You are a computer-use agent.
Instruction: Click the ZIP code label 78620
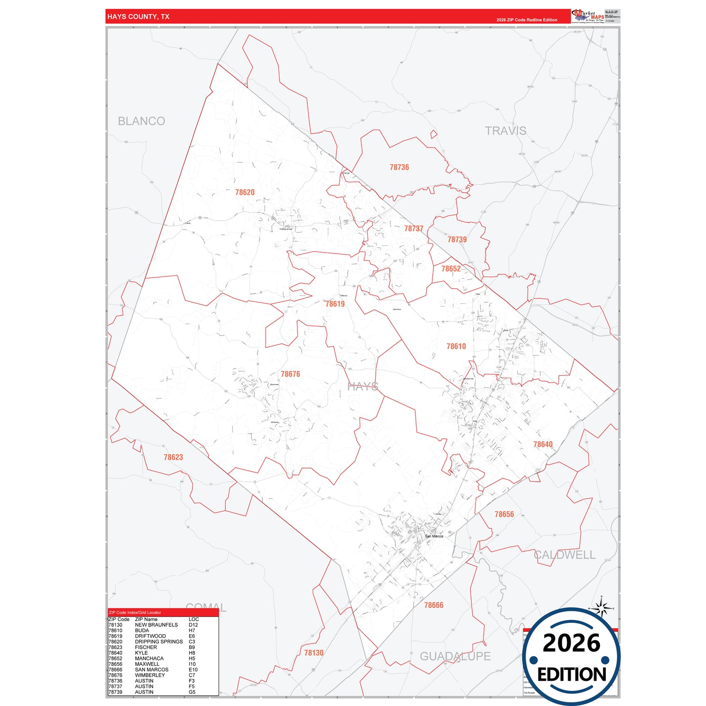(245, 193)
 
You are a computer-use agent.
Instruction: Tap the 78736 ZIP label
(399, 167)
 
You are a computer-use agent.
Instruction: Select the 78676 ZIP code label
(290, 374)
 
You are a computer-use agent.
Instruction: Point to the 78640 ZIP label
(543, 445)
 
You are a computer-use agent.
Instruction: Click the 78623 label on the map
(173, 457)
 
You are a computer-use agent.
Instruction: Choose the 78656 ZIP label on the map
(504, 514)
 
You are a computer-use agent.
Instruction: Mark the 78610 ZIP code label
(456, 346)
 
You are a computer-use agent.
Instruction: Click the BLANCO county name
(142, 121)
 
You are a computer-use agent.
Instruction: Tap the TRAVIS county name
(506, 131)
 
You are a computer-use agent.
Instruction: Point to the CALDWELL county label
(565, 555)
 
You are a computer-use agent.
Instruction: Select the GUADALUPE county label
(455, 656)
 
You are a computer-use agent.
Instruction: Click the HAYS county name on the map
(363, 387)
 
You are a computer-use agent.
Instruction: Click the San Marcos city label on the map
(434, 536)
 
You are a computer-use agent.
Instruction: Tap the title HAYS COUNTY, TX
(138, 17)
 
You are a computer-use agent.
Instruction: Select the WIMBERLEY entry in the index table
(150, 675)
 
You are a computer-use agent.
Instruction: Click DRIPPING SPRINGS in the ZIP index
(159, 642)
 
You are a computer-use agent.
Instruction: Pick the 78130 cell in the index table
(116, 625)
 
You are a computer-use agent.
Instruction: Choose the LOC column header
(193, 619)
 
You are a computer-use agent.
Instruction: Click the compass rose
(602, 609)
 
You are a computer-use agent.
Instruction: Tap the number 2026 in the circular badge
(572, 643)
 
